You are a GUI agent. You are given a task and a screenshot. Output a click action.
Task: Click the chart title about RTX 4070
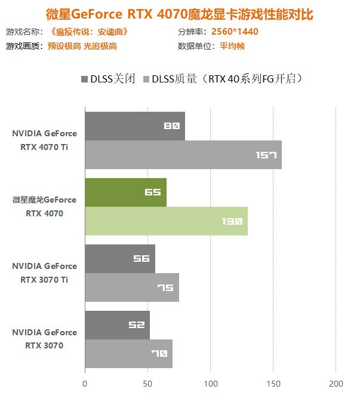click(x=179, y=13)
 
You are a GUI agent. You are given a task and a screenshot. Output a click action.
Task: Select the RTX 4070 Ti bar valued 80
click(x=134, y=126)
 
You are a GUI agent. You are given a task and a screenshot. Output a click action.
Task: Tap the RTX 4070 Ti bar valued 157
click(x=183, y=155)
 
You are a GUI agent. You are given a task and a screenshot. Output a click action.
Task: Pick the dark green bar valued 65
click(x=125, y=192)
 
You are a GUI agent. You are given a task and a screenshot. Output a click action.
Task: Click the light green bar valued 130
click(x=166, y=221)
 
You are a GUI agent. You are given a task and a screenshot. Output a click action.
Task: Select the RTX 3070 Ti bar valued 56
click(x=119, y=259)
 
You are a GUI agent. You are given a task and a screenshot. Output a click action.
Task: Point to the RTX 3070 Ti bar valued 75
click(x=131, y=287)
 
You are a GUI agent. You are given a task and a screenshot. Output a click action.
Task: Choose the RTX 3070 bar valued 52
click(x=117, y=325)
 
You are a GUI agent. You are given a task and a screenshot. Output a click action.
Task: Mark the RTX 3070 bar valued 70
click(x=128, y=354)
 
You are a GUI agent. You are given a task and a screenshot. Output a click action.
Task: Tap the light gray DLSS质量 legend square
click(x=146, y=79)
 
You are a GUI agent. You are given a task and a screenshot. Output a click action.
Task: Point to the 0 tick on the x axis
click(x=85, y=384)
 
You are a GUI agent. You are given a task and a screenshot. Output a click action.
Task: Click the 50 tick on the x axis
click(x=147, y=384)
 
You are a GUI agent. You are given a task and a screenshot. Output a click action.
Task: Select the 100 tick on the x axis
click(x=210, y=384)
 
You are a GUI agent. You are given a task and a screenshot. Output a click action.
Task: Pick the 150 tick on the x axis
click(x=273, y=384)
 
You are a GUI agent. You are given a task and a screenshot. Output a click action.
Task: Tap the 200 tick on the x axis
click(x=336, y=384)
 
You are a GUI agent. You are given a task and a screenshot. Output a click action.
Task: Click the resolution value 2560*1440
click(x=235, y=32)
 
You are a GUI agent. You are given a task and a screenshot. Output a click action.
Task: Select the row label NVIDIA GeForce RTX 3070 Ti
click(x=44, y=273)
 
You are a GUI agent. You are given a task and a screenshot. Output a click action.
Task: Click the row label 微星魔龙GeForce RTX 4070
click(x=44, y=206)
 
